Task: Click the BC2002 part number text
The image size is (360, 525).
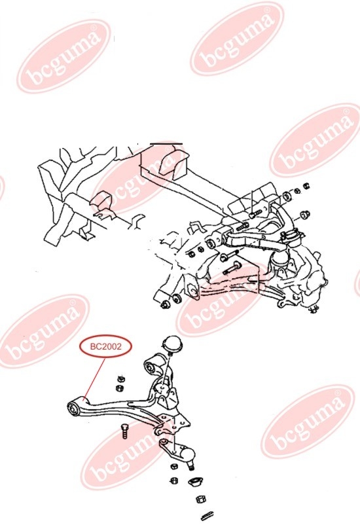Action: click(105, 346)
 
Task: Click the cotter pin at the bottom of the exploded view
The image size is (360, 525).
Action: click(206, 516)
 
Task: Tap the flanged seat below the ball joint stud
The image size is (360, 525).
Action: click(195, 482)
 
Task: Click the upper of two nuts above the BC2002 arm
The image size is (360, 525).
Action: click(121, 380)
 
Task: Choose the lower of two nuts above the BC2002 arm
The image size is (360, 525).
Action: click(119, 388)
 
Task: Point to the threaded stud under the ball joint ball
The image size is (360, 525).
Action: click(191, 465)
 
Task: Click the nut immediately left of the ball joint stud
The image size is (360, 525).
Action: click(173, 466)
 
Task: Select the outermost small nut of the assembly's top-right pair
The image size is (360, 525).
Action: click(306, 185)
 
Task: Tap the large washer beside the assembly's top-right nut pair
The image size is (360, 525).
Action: click(287, 196)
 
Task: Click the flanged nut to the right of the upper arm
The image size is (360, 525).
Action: click(305, 214)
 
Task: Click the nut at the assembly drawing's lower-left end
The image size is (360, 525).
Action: click(165, 304)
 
